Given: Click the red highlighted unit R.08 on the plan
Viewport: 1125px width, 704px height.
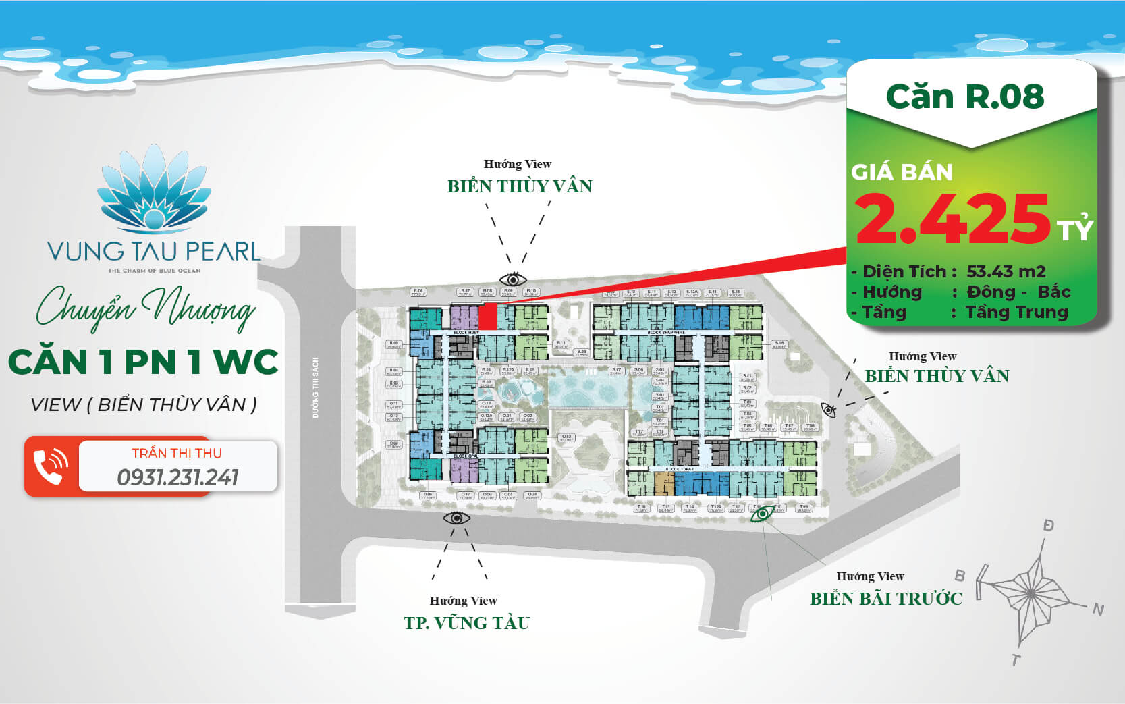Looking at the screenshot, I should pyautogui.click(x=487, y=318).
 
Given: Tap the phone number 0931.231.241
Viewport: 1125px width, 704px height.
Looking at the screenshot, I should pyautogui.click(x=177, y=477).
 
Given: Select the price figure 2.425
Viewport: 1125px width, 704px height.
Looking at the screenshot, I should pyautogui.click(x=952, y=219).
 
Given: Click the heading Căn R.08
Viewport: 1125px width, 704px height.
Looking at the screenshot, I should pyautogui.click(x=965, y=97).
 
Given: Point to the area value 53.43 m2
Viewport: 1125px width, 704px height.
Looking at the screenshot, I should pyautogui.click(x=1006, y=271).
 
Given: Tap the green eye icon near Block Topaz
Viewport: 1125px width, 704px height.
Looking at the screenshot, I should pyautogui.click(x=763, y=514).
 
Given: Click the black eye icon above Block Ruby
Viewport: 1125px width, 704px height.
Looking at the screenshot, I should pyautogui.click(x=513, y=279).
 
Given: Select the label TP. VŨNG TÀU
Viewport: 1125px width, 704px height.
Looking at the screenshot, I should pyautogui.click(x=466, y=622).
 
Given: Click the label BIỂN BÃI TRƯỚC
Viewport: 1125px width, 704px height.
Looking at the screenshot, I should pyautogui.click(x=885, y=598).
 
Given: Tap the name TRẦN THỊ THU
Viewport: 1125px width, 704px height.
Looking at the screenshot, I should pyautogui.click(x=177, y=453).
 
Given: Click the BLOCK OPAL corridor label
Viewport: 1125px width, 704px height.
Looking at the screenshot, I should pyautogui.click(x=466, y=456).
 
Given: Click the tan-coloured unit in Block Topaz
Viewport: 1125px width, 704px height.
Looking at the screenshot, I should pyautogui.click(x=664, y=483).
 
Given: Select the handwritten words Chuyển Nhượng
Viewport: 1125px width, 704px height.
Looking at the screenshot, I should pyautogui.click(x=146, y=309).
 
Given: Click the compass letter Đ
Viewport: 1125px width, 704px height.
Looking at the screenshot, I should pyautogui.click(x=1048, y=525).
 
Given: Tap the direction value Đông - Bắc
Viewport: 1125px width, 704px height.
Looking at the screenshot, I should pyautogui.click(x=1018, y=292).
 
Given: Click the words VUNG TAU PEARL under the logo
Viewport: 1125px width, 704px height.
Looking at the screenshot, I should pyautogui.click(x=154, y=252).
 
